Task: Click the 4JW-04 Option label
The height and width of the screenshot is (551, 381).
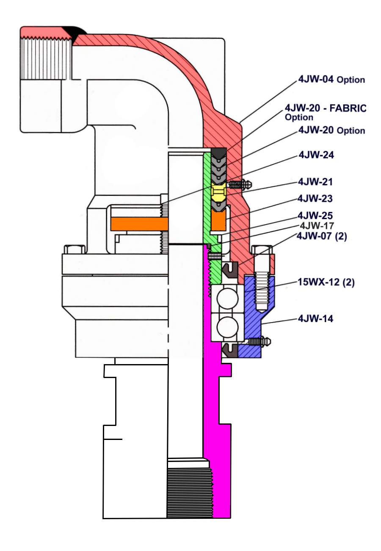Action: (331, 79)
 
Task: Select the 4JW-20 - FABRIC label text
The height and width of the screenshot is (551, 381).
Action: (326, 108)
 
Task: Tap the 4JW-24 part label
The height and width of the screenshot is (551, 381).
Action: (316, 155)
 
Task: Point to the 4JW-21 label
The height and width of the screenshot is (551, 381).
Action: (315, 182)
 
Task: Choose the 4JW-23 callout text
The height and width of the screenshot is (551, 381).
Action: (315, 198)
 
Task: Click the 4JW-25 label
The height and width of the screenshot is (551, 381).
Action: (315, 215)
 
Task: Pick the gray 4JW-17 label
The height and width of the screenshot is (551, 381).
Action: (317, 225)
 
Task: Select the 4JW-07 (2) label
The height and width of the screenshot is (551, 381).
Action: (322, 236)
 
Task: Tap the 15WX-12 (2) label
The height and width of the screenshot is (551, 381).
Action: (326, 282)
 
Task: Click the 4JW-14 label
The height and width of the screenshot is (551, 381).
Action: (315, 318)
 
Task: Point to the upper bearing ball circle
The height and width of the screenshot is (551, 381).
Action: (227, 298)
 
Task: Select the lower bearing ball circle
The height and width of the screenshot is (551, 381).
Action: (227, 327)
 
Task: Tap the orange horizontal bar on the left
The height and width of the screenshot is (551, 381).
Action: (139, 224)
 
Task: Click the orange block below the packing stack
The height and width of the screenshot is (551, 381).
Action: (218, 220)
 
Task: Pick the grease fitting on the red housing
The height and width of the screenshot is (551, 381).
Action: (240, 184)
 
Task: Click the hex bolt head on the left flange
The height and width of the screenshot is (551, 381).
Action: (75, 249)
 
